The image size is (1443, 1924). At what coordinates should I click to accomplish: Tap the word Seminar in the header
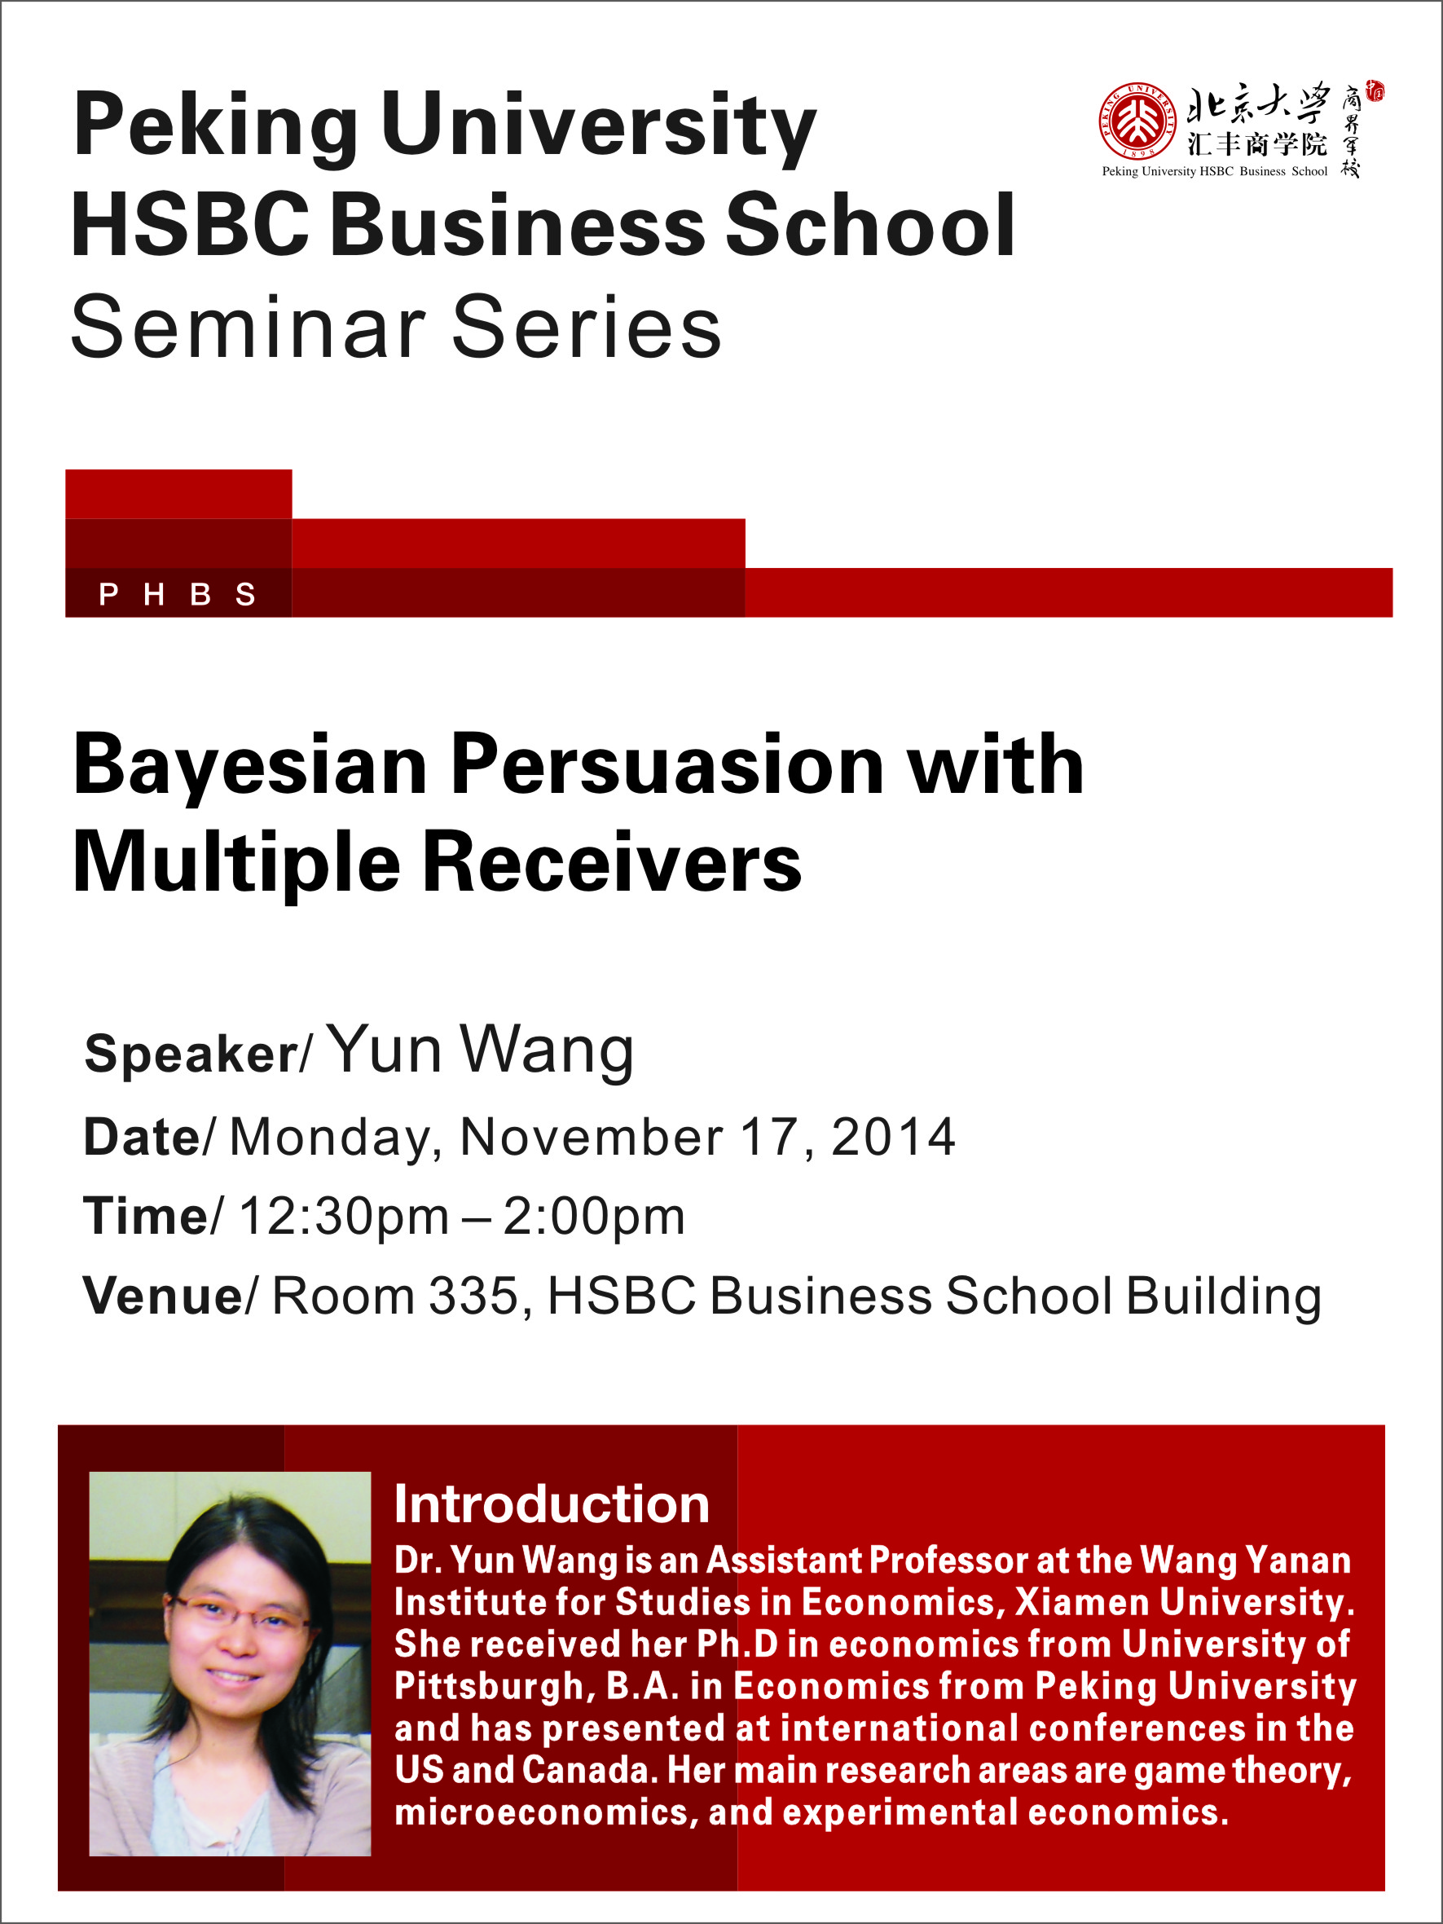tap(248, 327)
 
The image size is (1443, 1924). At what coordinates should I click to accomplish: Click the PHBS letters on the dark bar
tap(178, 594)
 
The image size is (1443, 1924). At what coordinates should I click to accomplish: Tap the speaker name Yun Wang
tap(481, 1050)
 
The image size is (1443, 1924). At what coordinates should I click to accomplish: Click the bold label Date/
tap(147, 1137)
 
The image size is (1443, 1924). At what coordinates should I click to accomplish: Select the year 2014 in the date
tap(893, 1137)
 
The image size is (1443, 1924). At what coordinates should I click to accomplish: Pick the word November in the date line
tap(592, 1137)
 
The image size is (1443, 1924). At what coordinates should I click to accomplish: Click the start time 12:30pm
tap(344, 1216)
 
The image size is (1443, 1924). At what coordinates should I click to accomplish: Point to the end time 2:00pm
tap(594, 1216)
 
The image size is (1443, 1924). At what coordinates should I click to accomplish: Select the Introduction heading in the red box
tap(552, 1503)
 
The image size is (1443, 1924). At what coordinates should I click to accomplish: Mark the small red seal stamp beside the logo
tap(1375, 91)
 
